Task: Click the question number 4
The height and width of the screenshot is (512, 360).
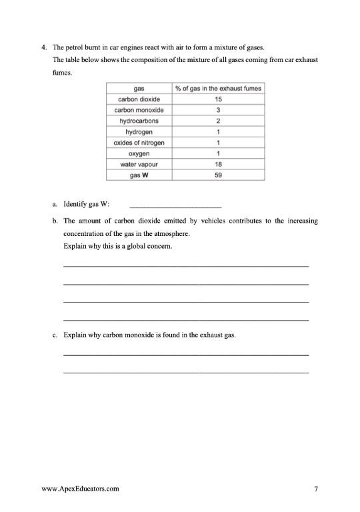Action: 44,48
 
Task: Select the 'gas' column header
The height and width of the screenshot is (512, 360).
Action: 139,89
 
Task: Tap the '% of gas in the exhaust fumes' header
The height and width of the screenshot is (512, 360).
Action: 218,89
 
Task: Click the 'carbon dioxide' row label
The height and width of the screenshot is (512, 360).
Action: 139,99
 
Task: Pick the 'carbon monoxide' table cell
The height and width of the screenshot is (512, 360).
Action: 139,110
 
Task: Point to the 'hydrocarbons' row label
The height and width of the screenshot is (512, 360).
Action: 139,121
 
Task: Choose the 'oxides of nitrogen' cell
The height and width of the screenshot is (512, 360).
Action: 139,143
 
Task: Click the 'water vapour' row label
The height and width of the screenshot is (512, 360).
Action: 139,164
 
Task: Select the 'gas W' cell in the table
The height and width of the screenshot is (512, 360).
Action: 139,175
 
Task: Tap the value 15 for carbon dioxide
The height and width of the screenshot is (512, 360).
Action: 218,99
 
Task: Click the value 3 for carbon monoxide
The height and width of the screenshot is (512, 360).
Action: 218,110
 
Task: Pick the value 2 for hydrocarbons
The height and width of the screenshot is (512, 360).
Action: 218,121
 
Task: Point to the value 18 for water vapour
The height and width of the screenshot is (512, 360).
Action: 218,164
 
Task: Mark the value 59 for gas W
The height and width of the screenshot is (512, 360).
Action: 218,175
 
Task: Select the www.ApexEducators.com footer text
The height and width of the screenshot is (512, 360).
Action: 80,489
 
